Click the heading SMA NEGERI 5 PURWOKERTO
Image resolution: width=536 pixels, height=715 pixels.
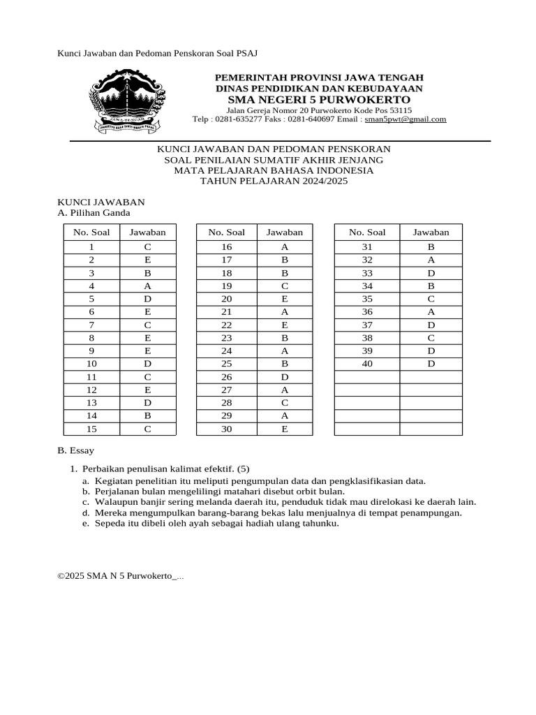(x=319, y=100)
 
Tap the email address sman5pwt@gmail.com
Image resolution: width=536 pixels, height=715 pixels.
(x=405, y=119)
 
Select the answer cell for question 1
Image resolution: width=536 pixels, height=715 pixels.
(x=147, y=247)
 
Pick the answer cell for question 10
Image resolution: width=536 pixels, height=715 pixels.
(x=147, y=364)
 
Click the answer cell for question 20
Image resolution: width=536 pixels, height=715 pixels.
(x=285, y=299)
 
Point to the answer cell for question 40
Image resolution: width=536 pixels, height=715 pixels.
(x=431, y=364)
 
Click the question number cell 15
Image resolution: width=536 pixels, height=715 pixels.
(x=91, y=429)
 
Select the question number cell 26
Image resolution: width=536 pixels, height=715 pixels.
(x=226, y=377)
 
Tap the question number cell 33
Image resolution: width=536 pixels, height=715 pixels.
(x=366, y=273)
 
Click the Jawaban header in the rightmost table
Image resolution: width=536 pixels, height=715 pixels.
(x=431, y=233)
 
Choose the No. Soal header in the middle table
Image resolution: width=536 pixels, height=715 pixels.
(x=226, y=233)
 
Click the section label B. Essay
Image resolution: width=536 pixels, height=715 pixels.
(x=75, y=451)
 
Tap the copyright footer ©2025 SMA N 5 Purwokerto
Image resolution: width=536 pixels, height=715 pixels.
(x=119, y=576)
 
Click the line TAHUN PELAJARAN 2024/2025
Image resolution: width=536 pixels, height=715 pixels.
(x=274, y=181)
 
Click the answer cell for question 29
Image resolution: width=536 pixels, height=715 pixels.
(x=285, y=415)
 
